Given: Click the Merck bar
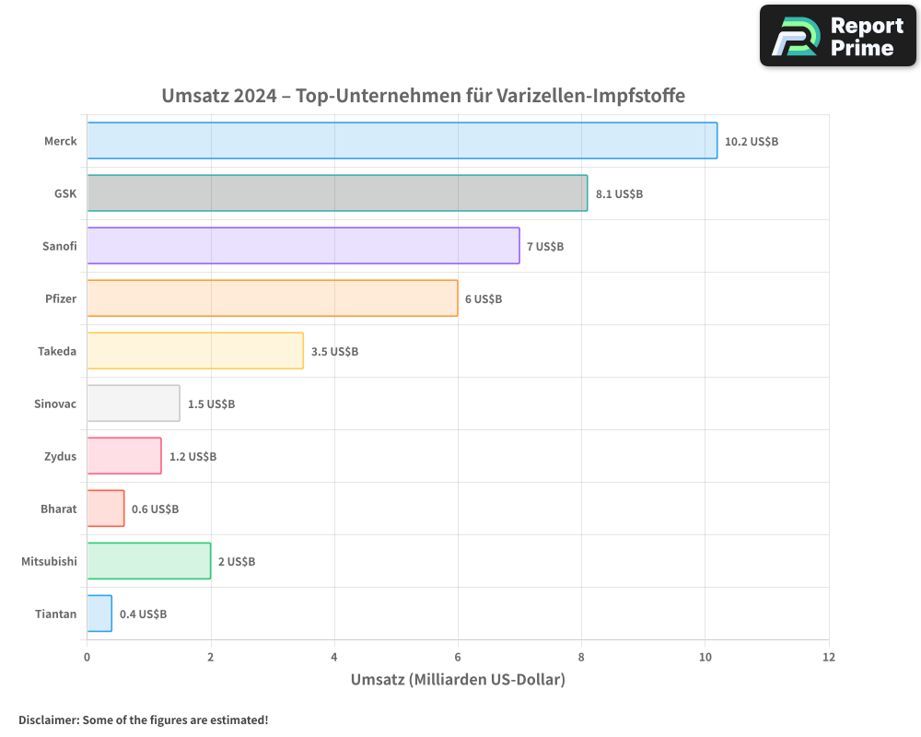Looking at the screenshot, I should point(402,141).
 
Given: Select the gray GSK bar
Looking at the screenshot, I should point(337,193).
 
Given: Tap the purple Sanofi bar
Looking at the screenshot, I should point(303,246).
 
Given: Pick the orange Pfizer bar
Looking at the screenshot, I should point(272,298).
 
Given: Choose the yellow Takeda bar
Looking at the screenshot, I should point(195,351).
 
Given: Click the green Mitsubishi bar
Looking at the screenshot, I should point(148,561).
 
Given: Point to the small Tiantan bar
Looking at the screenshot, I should point(99,614).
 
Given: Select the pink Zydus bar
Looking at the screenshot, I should point(124,456).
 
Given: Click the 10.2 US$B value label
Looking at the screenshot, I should point(752,142).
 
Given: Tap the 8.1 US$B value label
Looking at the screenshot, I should point(619,194).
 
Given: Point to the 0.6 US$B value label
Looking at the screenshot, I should point(155,509).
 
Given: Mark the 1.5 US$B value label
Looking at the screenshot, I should point(211,404).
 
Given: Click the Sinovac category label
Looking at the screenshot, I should point(55,404).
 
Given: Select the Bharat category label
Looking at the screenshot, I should point(58,509).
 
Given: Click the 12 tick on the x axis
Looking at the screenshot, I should point(829,658).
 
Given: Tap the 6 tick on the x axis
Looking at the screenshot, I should point(458,658).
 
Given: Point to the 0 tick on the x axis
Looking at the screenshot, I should point(87,658).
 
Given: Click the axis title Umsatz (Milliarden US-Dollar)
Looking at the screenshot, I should point(458,680).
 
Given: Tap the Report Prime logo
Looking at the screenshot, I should point(837,36).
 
